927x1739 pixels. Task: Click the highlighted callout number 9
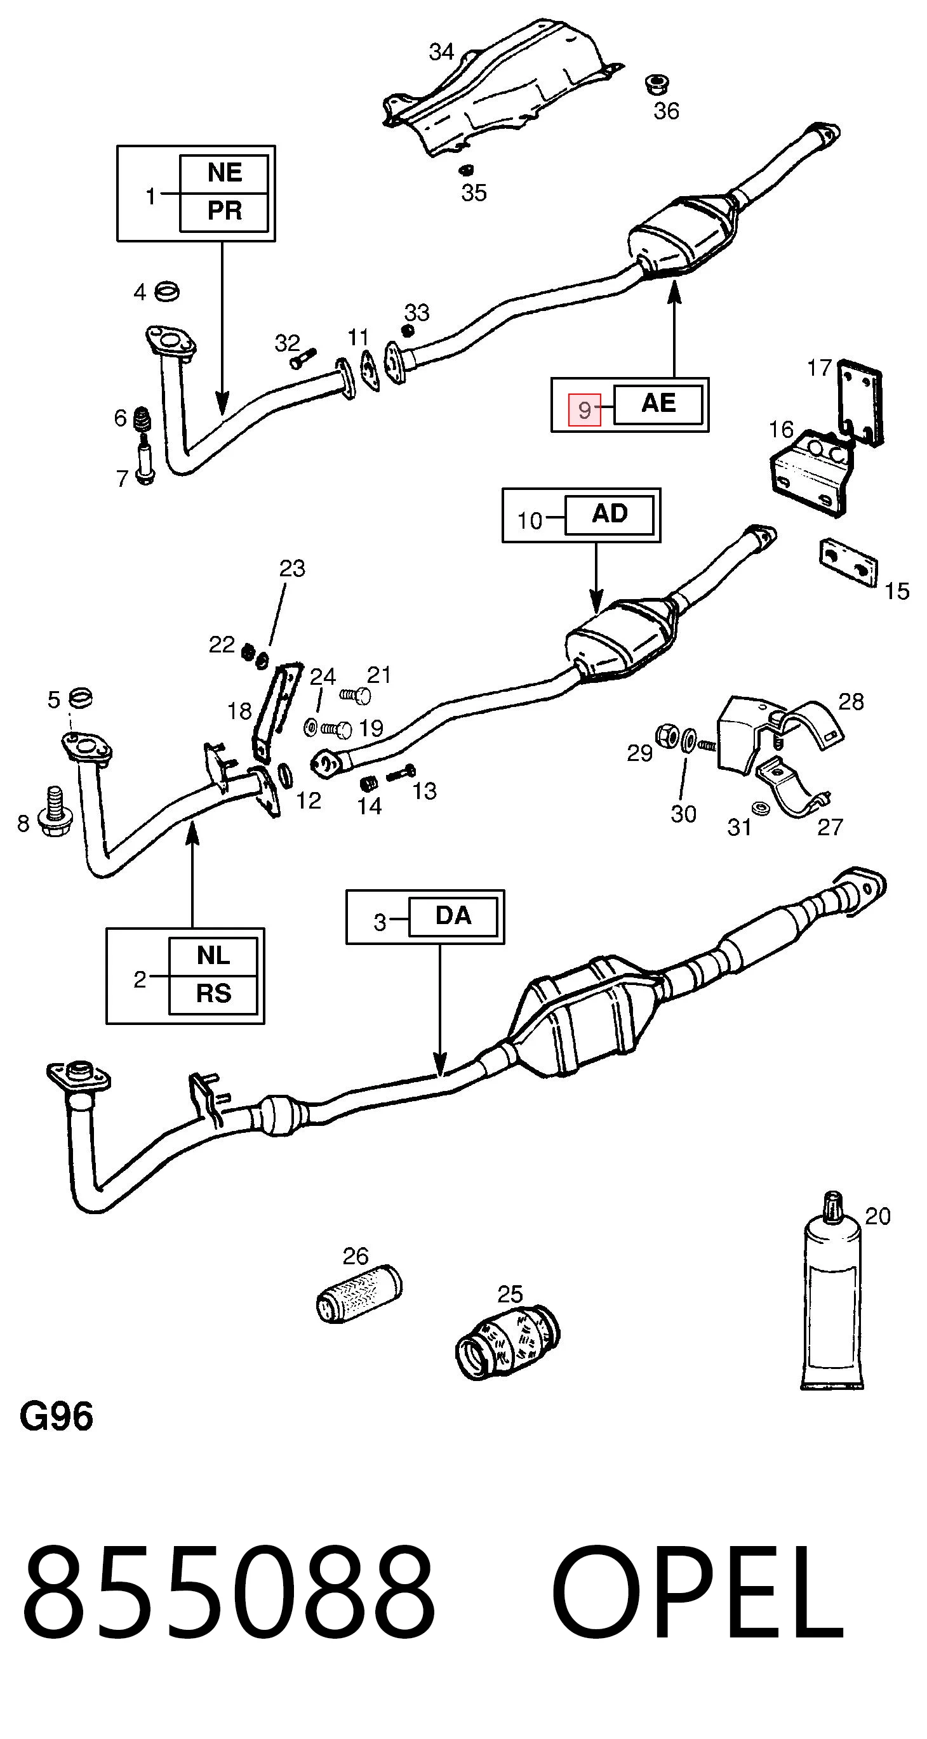tap(584, 409)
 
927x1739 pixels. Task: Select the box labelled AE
tap(658, 404)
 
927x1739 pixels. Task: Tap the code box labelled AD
tap(610, 515)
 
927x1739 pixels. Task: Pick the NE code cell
tap(224, 173)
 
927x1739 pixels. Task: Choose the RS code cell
tap(213, 995)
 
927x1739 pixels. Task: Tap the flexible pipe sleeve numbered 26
tap(359, 1293)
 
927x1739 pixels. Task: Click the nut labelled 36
tap(657, 85)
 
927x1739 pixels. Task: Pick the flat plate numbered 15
tap(849, 562)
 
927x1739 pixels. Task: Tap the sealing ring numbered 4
tap(167, 292)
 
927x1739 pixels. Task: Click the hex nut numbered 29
tap(667, 735)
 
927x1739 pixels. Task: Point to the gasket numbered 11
tap(369, 371)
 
